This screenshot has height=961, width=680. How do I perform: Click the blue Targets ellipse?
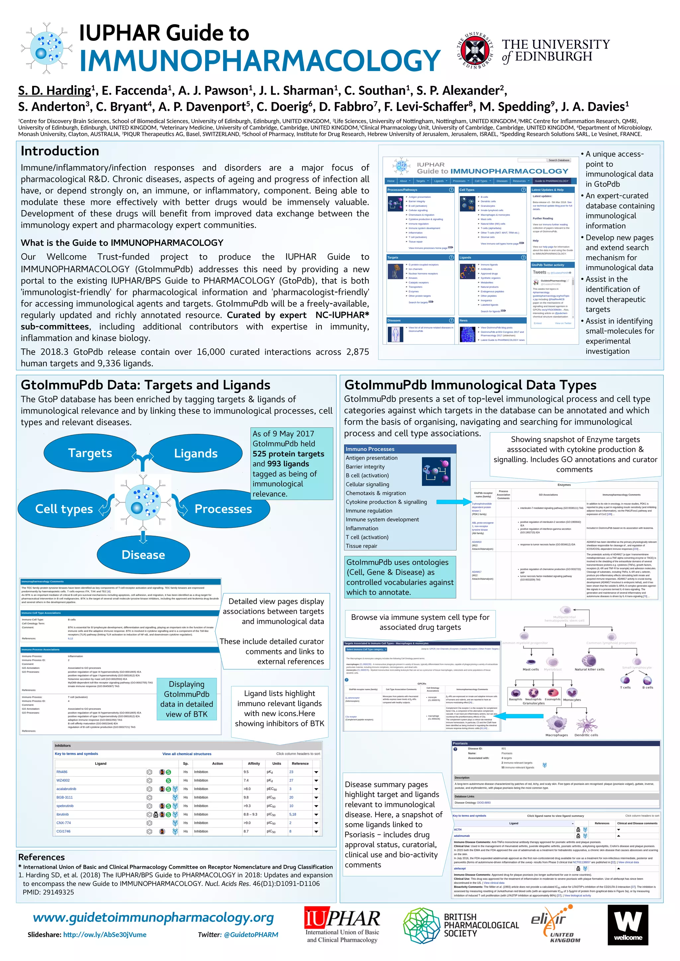[x=90, y=453]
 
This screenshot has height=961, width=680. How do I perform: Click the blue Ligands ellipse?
[x=196, y=454]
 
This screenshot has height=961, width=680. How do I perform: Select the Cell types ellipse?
[x=64, y=509]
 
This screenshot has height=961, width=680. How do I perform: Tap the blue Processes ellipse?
[x=223, y=509]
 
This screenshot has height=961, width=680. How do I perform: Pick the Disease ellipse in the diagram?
[x=143, y=555]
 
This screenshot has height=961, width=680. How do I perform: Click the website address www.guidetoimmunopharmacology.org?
[x=153, y=918]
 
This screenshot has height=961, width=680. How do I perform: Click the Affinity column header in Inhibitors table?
[x=254, y=763]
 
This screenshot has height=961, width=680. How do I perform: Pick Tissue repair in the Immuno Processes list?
[x=361, y=546]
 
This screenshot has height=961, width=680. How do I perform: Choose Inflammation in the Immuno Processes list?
[x=362, y=528]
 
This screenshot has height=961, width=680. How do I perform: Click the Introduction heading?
[x=60, y=151]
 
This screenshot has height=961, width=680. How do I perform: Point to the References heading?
[x=42, y=857]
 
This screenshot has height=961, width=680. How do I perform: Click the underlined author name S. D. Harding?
[x=54, y=90]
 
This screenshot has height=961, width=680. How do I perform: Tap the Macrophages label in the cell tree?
[x=556, y=735]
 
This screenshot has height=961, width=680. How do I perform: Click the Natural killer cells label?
[x=589, y=669]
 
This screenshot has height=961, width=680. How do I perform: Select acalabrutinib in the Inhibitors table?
[x=66, y=789]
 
